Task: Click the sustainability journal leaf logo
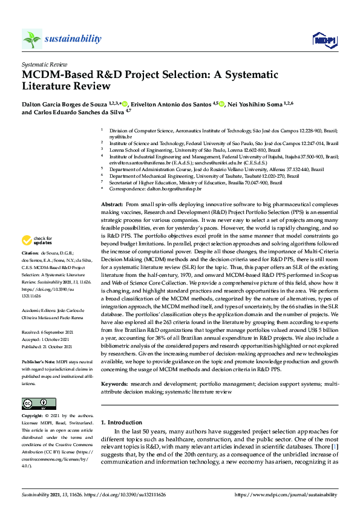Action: [x=32, y=39]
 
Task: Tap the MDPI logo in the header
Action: [x=324, y=40]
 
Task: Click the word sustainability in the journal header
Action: [x=73, y=39]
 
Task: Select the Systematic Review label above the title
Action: [x=44, y=63]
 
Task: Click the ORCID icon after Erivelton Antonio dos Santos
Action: [x=222, y=105]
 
